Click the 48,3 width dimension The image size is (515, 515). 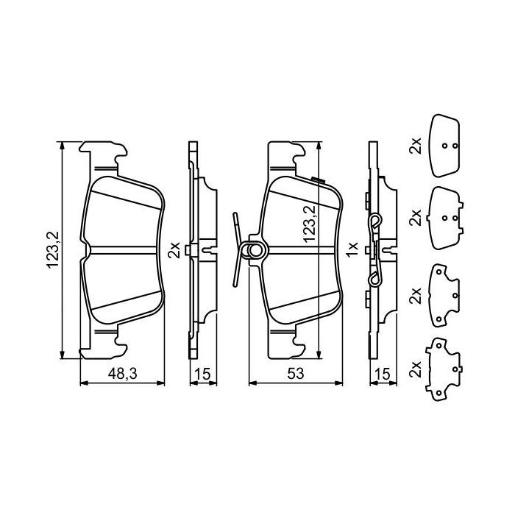(122, 374)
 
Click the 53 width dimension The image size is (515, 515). (296, 374)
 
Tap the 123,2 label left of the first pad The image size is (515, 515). (52, 250)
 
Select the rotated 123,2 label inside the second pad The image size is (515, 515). (309, 224)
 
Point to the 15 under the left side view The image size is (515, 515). (202, 374)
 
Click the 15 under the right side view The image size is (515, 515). (383, 374)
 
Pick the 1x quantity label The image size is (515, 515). (352, 250)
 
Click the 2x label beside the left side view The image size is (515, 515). (174, 250)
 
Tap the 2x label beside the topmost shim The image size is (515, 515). (415, 146)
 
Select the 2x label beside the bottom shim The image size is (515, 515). (415, 369)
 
